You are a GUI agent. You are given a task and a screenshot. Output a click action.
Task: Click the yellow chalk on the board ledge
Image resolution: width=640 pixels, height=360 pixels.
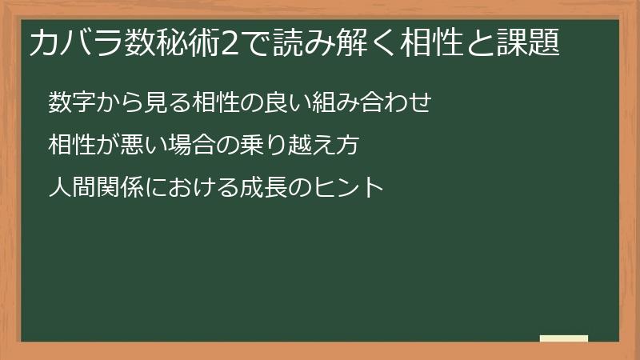[564, 338]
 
